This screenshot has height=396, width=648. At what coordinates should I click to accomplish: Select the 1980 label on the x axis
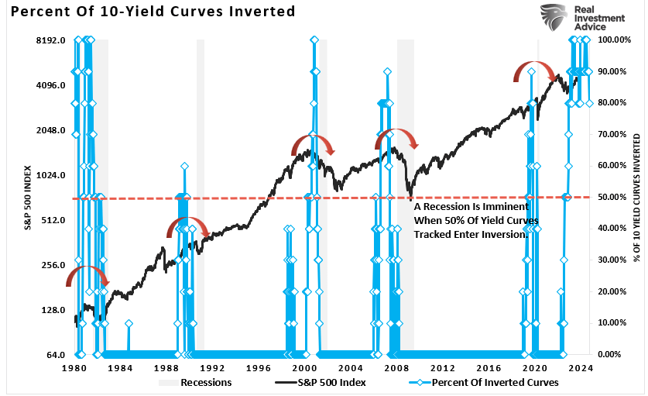(x=76, y=369)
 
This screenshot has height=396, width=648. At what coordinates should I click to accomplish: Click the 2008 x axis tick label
(x=396, y=369)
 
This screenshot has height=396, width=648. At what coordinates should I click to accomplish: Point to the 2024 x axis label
(x=580, y=369)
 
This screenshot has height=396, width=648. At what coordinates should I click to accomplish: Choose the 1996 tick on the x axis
(x=259, y=369)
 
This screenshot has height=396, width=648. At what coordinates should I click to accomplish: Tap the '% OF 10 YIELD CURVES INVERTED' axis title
(x=638, y=197)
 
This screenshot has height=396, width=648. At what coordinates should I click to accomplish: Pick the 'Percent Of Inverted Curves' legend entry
(x=472, y=382)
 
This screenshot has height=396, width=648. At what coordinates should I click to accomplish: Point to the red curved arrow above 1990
(x=188, y=226)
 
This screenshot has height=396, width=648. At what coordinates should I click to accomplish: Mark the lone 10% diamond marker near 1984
(x=129, y=323)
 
